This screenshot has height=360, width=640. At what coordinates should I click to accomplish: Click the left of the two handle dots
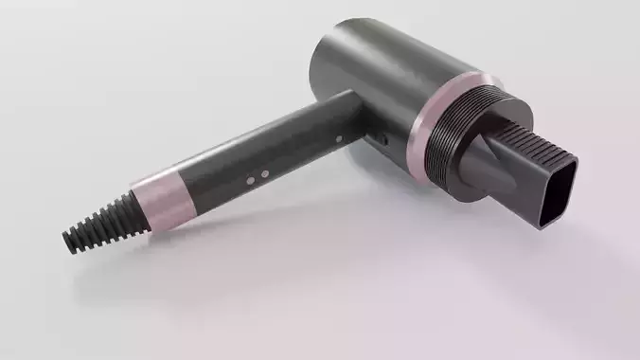250,177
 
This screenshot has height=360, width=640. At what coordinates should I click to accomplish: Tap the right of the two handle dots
264,173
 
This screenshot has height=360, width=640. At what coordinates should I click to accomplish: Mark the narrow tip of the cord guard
73,239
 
